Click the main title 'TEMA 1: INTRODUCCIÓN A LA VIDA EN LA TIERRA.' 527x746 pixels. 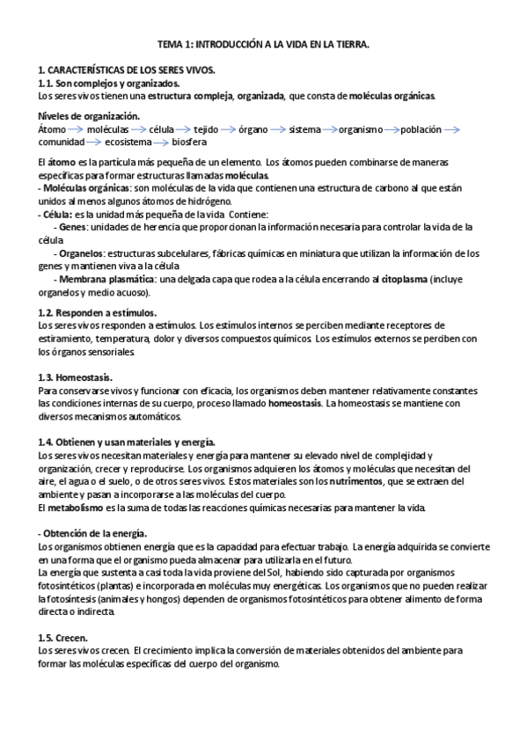pyautogui.click(x=263, y=43)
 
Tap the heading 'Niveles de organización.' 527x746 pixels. pyautogui.click(x=89, y=117)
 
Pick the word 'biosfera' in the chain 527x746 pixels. pyautogui.click(x=189, y=142)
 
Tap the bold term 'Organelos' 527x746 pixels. pyautogui.click(x=80, y=252)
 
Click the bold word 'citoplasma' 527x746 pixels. pyautogui.click(x=412, y=279)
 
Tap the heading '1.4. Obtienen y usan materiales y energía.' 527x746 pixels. pyautogui.click(x=128, y=442)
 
